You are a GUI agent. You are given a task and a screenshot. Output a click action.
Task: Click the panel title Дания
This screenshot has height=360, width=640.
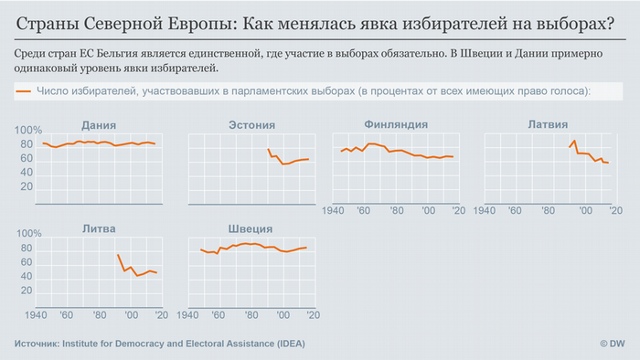pos(98,124)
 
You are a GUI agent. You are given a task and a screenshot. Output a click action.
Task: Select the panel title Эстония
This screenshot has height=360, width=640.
pos(250,124)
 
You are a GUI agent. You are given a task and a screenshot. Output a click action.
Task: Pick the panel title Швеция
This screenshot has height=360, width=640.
pos(250,228)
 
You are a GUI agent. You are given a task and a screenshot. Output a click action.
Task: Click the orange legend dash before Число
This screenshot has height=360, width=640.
pos(25,91)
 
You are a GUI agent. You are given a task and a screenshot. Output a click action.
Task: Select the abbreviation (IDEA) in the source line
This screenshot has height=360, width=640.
pos(286,344)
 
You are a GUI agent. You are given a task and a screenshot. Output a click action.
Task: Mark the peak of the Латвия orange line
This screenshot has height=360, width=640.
pos(574,140)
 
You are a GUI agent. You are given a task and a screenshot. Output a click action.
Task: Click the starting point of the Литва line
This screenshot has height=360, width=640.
pos(118,254)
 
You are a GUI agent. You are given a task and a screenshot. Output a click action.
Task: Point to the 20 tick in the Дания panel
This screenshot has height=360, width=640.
pos(27,186)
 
